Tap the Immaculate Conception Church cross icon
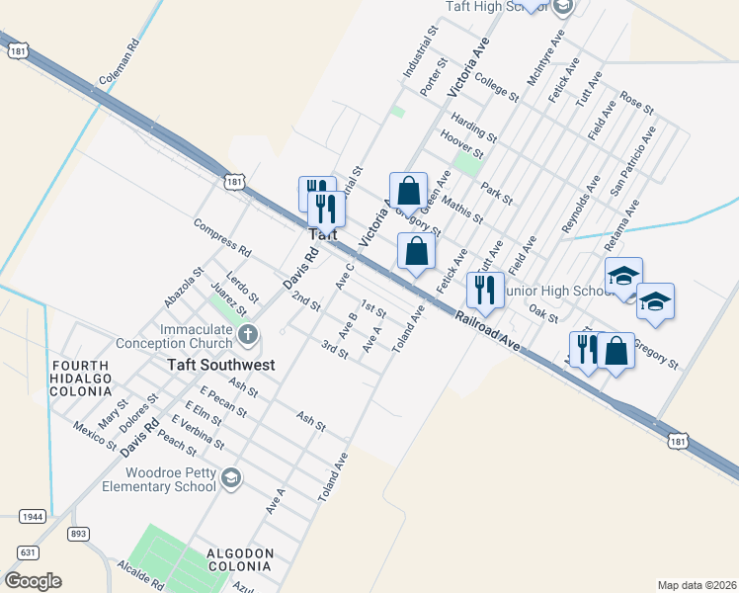tap(247, 335)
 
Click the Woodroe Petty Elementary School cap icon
tap(230, 478)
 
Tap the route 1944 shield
tap(32, 516)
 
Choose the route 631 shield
tap(28, 551)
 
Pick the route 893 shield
tap(79, 534)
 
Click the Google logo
tap(33, 581)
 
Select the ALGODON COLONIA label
tap(237, 559)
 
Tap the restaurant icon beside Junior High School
tap(484, 290)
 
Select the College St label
tap(496, 87)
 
